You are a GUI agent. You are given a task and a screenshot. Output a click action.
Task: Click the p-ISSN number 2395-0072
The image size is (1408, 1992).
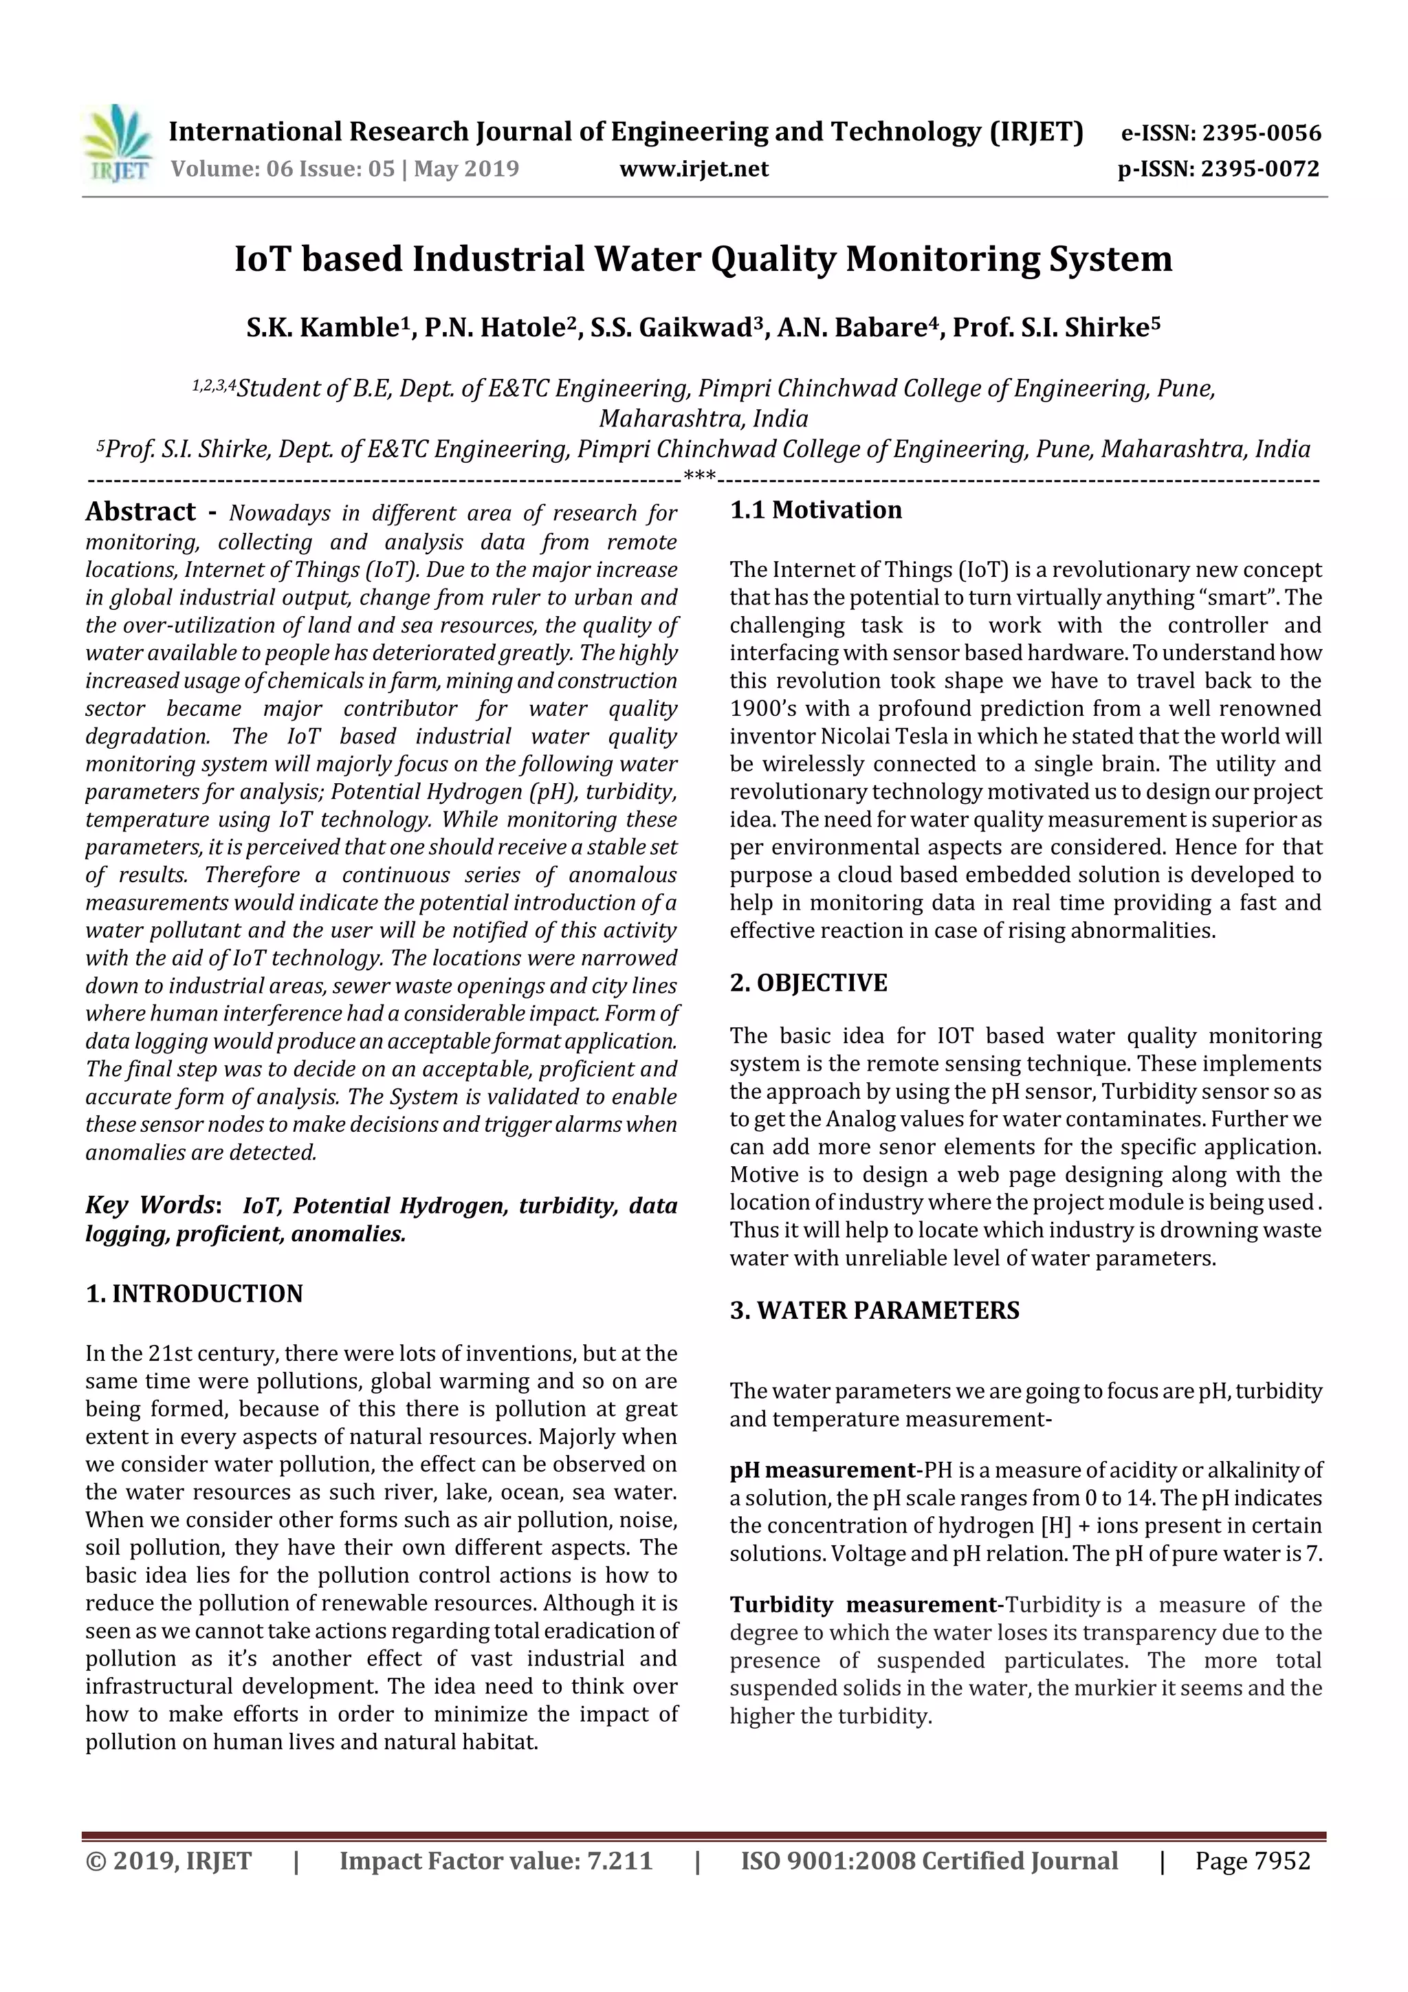click(x=1259, y=168)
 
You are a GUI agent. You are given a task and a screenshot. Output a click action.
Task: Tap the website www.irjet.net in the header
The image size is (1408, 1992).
click(x=693, y=168)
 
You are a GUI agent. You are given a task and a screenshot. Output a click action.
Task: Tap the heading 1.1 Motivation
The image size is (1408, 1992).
click(x=815, y=510)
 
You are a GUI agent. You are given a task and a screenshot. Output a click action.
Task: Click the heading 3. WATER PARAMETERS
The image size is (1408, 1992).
click(x=874, y=1309)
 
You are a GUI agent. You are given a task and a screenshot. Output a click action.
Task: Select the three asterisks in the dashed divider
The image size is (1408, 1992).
click(x=699, y=475)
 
